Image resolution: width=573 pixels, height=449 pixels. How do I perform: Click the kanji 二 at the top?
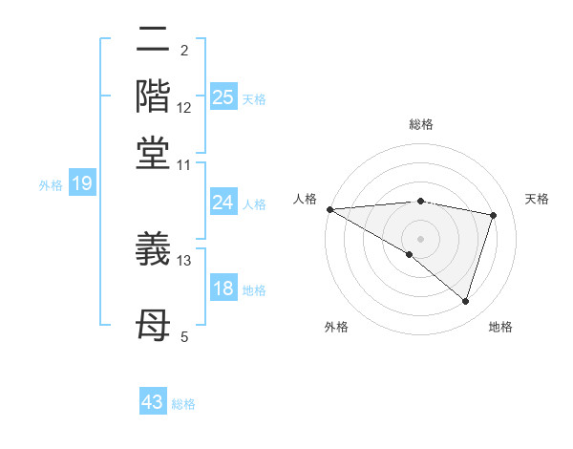click(155, 40)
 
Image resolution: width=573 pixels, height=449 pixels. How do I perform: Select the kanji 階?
click(155, 96)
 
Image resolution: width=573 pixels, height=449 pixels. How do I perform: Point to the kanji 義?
click(155, 250)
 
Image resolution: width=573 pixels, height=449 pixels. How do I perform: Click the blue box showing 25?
click(223, 97)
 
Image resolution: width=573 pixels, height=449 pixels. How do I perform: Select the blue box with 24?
click(223, 203)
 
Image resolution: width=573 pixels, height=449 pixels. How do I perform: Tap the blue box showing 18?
click(223, 289)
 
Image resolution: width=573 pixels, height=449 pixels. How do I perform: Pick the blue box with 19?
click(81, 183)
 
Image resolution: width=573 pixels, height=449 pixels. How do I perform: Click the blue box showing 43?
click(153, 402)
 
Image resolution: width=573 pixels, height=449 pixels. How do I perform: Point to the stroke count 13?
click(184, 260)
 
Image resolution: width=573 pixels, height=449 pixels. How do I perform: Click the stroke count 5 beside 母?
click(184, 336)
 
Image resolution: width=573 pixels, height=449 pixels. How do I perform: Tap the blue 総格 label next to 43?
click(183, 404)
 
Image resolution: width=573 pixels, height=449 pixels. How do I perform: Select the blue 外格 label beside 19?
click(51, 185)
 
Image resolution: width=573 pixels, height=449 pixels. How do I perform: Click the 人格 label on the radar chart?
click(305, 199)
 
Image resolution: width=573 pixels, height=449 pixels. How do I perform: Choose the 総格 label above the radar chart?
click(420, 125)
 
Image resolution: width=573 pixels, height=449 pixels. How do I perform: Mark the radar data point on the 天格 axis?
click(494, 215)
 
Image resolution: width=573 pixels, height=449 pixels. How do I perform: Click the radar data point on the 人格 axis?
click(329, 209)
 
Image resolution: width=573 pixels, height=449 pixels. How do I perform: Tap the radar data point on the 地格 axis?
click(465, 301)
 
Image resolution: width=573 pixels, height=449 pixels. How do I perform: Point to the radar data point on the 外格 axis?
click(410, 254)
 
